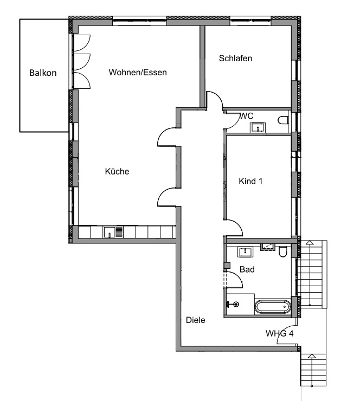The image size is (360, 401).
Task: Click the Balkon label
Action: (x=43, y=73)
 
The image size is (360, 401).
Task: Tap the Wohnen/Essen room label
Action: (x=137, y=73)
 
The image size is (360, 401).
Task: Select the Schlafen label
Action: (x=236, y=59)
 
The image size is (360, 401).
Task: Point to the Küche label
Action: (x=117, y=172)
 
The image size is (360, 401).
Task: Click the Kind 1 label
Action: (x=250, y=182)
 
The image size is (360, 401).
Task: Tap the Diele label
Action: (x=196, y=320)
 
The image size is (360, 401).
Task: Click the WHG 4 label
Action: (x=280, y=333)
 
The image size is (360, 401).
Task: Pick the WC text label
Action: (x=247, y=116)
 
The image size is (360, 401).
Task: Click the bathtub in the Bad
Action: (x=272, y=307)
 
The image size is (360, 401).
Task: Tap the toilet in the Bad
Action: (x=282, y=253)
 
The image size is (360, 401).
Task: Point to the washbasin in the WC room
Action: (x=258, y=127)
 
